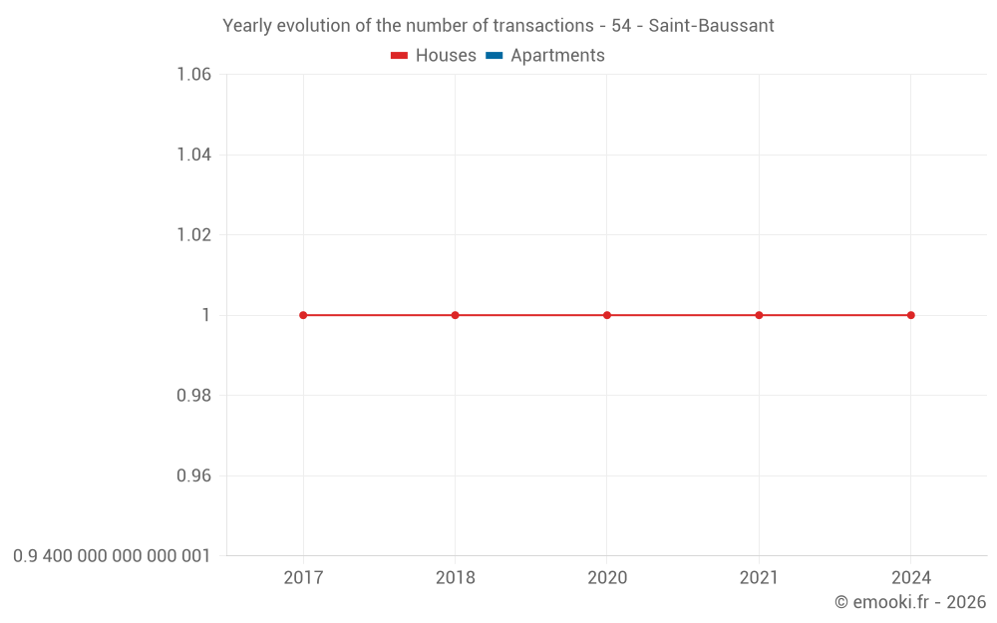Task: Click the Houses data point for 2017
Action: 303,315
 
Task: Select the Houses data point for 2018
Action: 456,315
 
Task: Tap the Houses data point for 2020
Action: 607,315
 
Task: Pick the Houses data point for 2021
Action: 759,315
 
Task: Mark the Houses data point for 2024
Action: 911,315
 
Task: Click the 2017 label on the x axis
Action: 303,578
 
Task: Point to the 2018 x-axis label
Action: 456,578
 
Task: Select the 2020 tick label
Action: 607,578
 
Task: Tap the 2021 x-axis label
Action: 759,578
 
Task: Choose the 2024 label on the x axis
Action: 911,578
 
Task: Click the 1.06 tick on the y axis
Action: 193,75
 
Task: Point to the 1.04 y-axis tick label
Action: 193,155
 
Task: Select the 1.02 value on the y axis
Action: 193,235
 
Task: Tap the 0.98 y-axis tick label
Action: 193,396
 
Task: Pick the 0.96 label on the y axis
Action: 193,475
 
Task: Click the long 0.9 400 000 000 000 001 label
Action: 112,556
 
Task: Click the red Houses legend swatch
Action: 400,56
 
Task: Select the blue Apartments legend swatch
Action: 495,56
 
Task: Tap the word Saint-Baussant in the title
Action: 711,26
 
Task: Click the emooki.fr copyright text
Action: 909,602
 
